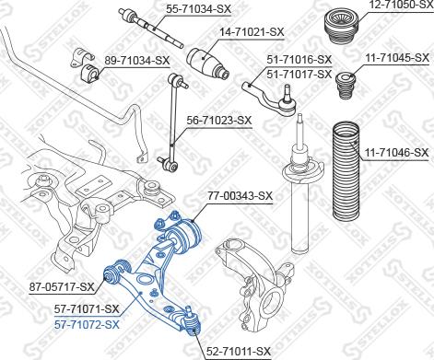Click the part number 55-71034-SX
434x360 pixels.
[x=198, y=9]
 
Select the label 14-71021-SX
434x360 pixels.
[x=252, y=32]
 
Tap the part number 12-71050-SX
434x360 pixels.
[x=400, y=5]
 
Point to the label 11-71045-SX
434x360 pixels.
[x=396, y=58]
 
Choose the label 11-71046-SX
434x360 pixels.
[x=396, y=153]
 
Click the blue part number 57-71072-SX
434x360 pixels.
[x=87, y=324]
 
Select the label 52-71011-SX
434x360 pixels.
[x=239, y=351]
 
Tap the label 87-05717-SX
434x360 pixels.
[x=62, y=287]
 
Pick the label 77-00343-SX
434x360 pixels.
[x=240, y=195]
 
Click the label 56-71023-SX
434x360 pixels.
[x=219, y=120]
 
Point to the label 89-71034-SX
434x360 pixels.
[x=137, y=61]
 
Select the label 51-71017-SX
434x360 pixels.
[x=299, y=75]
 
